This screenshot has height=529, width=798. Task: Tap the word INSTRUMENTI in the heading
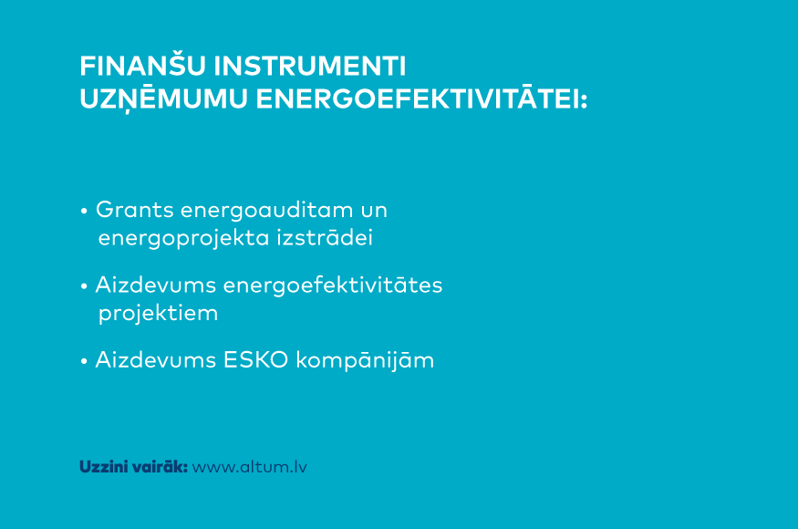(309, 67)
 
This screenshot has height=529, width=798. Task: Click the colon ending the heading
(584, 100)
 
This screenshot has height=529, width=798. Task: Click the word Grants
(135, 210)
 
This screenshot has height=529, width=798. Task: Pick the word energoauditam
(266, 211)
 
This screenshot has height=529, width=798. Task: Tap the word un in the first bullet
(374, 212)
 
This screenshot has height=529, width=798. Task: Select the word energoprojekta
(183, 239)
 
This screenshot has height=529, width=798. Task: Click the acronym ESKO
(255, 360)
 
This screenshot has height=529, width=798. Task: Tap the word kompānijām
(365, 361)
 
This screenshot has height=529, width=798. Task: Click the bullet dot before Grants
(84, 211)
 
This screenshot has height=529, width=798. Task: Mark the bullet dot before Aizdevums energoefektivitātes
(84, 286)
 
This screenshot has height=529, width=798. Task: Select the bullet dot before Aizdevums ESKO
(84, 361)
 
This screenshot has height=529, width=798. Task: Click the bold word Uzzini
(104, 467)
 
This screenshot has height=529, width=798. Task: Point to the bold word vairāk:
(161, 467)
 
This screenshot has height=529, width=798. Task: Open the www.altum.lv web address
(249, 467)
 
